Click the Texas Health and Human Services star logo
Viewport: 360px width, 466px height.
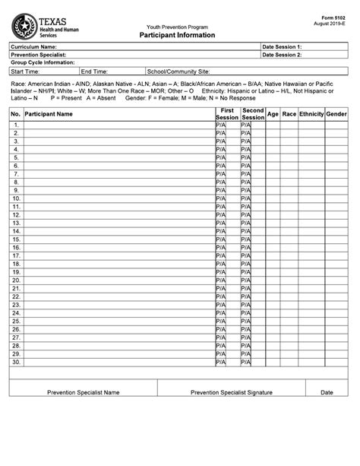(x=23, y=25)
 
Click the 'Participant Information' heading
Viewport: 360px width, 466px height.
(x=177, y=35)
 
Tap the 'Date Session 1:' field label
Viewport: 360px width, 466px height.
(x=283, y=47)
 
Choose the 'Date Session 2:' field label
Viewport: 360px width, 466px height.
(x=283, y=55)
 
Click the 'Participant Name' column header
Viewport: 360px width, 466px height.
(x=49, y=114)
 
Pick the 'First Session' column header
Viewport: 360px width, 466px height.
(x=226, y=114)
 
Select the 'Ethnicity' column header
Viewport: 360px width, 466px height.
(x=311, y=114)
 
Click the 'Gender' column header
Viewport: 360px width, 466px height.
(x=336, y=114)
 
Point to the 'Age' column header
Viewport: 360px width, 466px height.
(x=273, y=114)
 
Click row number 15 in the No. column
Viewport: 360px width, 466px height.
(x=16, y=239)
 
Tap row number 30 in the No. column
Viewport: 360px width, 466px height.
(x=16, y=363)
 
